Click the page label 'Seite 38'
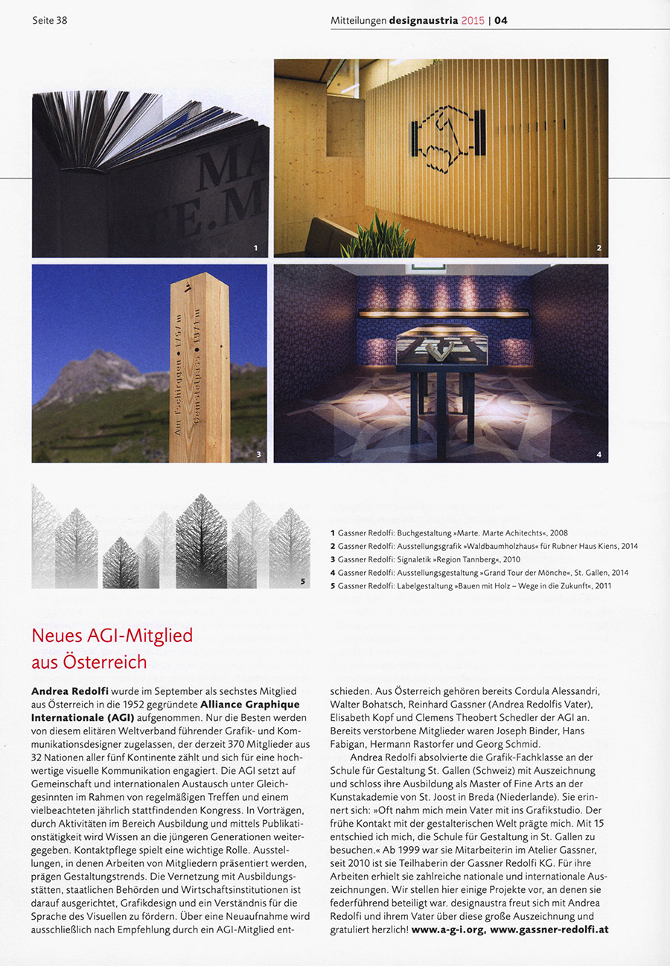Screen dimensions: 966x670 [50, 20]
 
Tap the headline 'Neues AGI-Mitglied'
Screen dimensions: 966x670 [112, 635]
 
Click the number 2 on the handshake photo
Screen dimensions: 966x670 [598, 247]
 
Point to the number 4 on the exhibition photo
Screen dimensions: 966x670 [599, 454]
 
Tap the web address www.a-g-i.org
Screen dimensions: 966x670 [448, 930]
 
